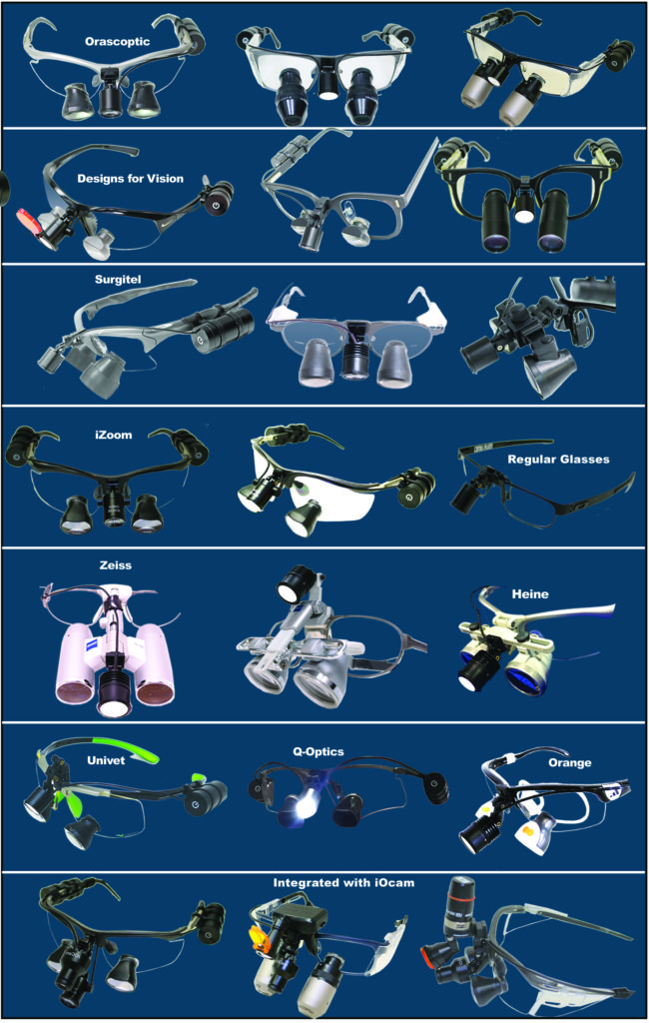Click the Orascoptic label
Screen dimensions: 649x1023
pos(118,42)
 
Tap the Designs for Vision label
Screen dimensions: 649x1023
pos(131,178)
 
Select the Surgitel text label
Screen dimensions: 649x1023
pos(118,280)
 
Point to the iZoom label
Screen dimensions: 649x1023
pos(114,435)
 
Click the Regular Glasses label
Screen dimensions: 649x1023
pos(558,460)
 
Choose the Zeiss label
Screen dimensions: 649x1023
pos(116,565)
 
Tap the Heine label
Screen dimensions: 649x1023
pos(530,593)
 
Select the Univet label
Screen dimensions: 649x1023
pos(106,760)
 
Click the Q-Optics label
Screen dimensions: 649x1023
pos(319,751)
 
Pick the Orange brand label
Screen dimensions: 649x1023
pos(570,762)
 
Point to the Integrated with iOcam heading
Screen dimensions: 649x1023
pos(343,883)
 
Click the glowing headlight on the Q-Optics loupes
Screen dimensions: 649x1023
pos(303,806)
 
